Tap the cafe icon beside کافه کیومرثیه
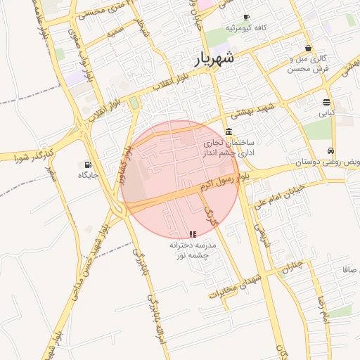tap(245, 17)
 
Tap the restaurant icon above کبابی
tap(327, 101)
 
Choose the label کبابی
tap(327, 112)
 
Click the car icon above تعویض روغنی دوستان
tap(330, 151)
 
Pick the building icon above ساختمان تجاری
tap(229, 132)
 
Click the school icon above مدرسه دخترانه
tap(193, 234)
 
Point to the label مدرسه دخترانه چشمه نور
tap(193, 250)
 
